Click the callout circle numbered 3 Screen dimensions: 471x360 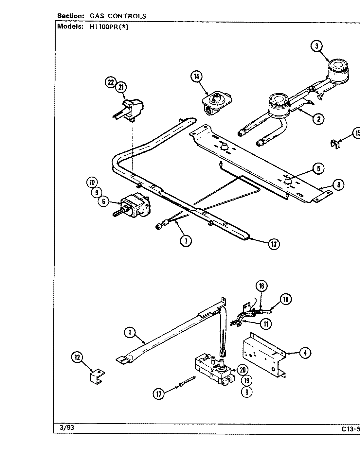click(316, 46)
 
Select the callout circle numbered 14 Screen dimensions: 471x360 click(196, 77)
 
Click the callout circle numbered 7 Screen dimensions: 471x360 click(186, 240)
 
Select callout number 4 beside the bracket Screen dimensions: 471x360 click(305, 353)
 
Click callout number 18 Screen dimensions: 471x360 click(286, 299)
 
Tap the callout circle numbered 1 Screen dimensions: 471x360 click(130, 333)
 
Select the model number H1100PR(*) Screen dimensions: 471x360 click(109, 27)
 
